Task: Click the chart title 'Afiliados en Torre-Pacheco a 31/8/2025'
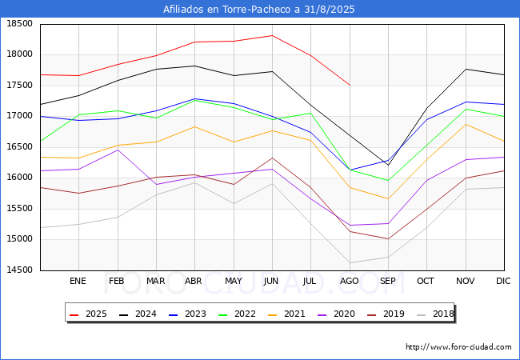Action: click(259, 10)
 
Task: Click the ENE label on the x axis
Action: click(78, 281)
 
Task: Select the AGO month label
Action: click(349, 281)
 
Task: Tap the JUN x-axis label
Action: click(271, 281)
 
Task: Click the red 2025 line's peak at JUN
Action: click(271, 35)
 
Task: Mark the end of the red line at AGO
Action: click(349, 85)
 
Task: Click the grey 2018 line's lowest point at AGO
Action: click(349, 262)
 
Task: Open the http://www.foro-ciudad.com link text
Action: click(458, 347)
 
